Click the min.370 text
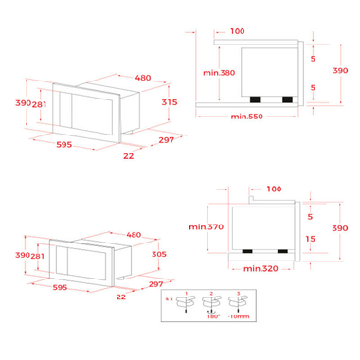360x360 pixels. click(204, 227)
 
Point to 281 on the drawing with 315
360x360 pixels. click(39, 105)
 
